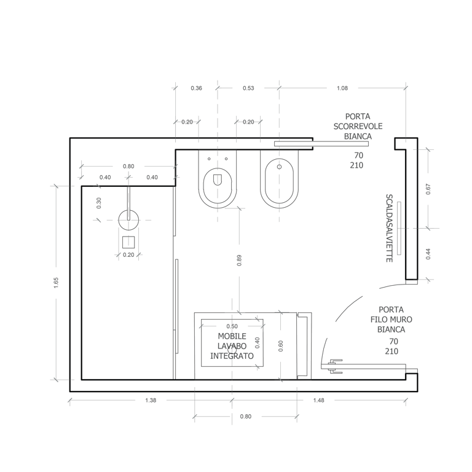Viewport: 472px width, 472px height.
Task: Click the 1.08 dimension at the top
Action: click(342, 88)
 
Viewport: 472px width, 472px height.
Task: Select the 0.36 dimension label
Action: click(196, 88)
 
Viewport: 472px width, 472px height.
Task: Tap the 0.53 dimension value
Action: click(248, 88)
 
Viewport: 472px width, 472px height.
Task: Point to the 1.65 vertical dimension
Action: click(56, 283)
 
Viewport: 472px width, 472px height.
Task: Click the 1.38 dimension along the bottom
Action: click(151, 400)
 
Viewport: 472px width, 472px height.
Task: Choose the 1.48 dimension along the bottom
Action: click(318, 400)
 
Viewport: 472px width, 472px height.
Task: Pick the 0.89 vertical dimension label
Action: click(239, 261)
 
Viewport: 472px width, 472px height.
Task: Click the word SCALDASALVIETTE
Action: click(389, 228)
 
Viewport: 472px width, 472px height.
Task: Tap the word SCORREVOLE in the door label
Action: click(358, 127)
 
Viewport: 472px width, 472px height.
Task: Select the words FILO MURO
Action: click(391, 320)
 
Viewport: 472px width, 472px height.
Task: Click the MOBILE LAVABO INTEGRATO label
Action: click(232, 346)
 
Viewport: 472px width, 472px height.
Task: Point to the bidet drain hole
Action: click(279, 167)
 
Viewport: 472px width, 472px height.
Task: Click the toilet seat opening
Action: click(218, 180)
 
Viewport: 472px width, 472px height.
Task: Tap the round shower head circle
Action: click(128, 220)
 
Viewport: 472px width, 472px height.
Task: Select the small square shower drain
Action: click(128, 242)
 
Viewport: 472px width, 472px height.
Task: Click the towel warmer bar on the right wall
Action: click(399, 228)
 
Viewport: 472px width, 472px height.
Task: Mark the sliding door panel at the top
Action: click(321, 144)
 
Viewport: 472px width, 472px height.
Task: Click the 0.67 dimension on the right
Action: click(428, 189)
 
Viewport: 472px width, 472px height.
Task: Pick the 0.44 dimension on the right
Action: click(428, 254)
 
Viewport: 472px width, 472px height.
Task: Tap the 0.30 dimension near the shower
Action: click(99, 203)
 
